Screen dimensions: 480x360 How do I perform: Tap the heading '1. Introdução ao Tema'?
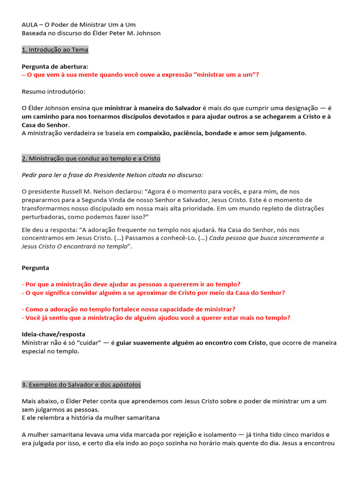(55, 50)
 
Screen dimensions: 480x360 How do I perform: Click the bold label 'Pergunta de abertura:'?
(55, 67)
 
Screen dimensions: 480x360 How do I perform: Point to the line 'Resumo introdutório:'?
(53, 91)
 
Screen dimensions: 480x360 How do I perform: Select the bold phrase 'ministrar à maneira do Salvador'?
(152, 108)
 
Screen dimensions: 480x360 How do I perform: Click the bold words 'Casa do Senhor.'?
(45, 125)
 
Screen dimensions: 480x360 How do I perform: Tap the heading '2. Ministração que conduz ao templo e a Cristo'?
(91, 158)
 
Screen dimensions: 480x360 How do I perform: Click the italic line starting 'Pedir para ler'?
(112, 175)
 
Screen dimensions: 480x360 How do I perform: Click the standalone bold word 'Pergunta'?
(35, 268)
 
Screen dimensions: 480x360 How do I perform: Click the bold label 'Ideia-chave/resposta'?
(53, 334)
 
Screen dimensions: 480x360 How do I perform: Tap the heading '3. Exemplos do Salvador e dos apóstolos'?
(81, 385)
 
